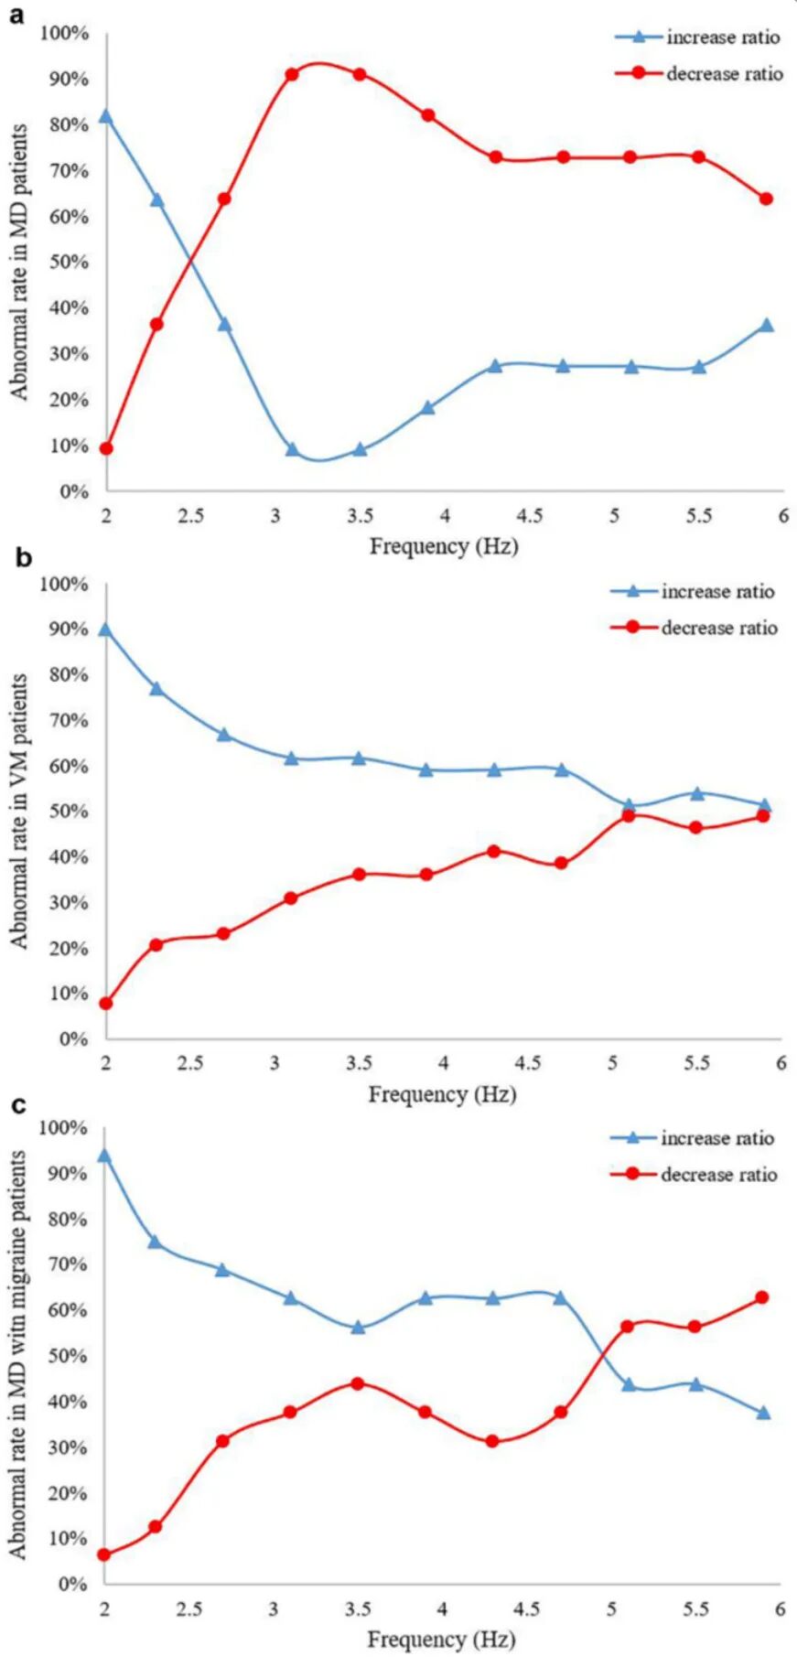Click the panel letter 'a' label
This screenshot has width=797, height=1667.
pyautogui.click(x=16, y=16)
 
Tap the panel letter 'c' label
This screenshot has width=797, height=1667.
pyautogui.click(x=18, y=1105)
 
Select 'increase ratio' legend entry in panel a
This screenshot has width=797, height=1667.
pyautogui.click(x=723, y=38)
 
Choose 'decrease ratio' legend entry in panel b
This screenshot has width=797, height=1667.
pyautogui.click(x=719, y=628)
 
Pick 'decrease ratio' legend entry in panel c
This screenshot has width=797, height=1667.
pyautogui.click(x=719, y=1175)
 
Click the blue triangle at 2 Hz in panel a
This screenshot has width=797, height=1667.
pyautogui.click(x=106, y=116)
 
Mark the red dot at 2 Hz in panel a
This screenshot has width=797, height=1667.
pyautogui.click(x=106, y=448)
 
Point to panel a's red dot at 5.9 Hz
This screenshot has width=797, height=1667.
pyautogui.click(x=767, y=199)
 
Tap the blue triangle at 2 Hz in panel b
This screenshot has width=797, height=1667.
pyautogui.click(x=106, y=629)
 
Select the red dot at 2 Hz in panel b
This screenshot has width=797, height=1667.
pyautogui.click(x=106, y=1004)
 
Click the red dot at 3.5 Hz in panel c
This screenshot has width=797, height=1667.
pyautogui.click(x=358, y=1383)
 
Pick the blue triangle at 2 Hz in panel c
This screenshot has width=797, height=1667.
pyautogui.click(x=104, y=1156)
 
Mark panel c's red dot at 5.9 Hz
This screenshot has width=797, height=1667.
pyautogui.click(x=762, y=1297)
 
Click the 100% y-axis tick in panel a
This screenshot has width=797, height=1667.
pyautogui.click(x=66, y=34)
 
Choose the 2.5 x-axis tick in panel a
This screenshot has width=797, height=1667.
pyautogui.click(x=190, y=516)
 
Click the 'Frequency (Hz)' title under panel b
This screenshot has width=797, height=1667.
pyautogui.click(x=442, y=1094)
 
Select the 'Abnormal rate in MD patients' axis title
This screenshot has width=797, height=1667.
pyautogui.click(x=20, y=263)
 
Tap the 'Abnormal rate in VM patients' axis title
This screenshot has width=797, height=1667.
pyautogui.click(x=20, y=812)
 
